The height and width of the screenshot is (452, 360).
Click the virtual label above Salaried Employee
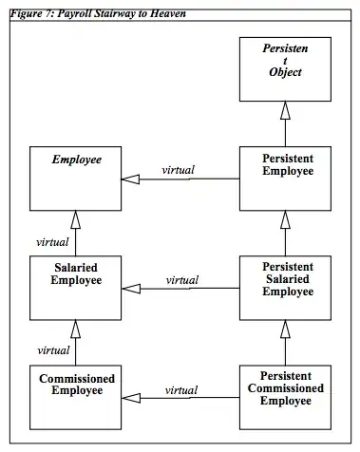coord(52,241)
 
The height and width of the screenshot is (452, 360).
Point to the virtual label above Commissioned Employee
coord(53,349)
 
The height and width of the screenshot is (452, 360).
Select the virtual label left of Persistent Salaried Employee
coord(181,279)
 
